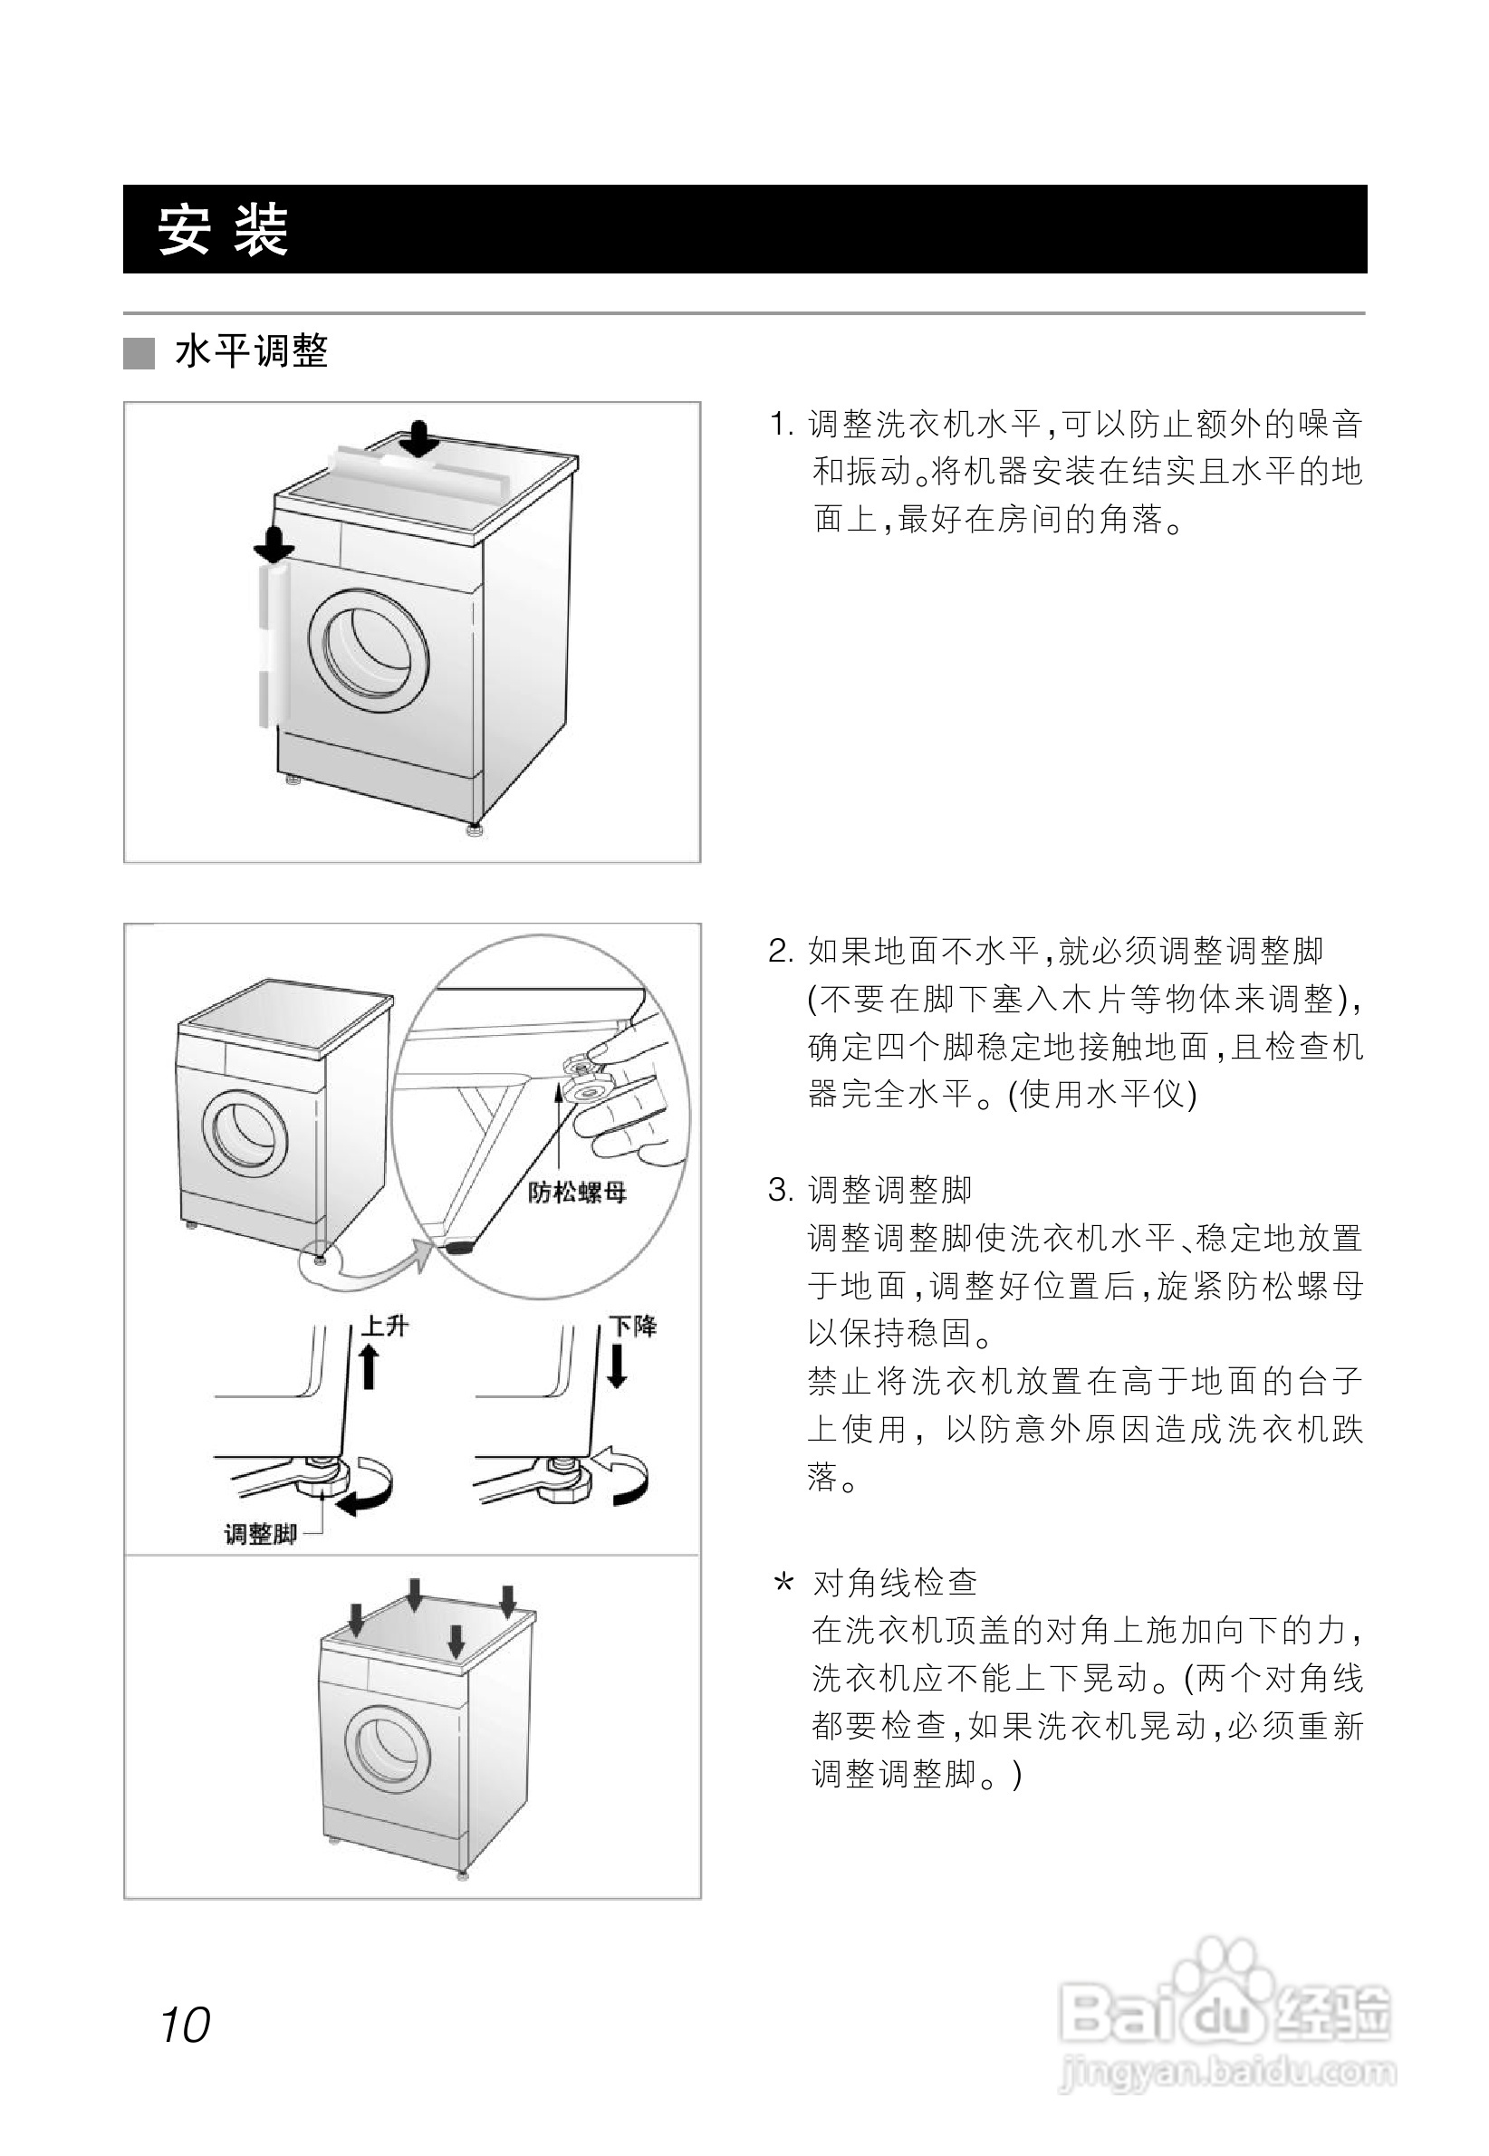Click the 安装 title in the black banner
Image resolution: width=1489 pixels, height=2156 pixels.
pyautogui.click(x=223, y=229)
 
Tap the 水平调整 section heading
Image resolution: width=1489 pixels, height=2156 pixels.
pyautogui.click(x=252, y=352)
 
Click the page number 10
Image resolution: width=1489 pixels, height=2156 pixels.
pyautogui.click(x=186, y=2025)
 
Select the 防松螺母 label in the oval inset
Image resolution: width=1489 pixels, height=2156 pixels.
pyautogui.click(x=577, y=1192)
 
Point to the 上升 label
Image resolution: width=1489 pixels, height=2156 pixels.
pyautogui.click(x=384, y=1325)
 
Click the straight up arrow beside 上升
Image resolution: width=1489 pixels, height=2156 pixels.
pyautogui.click(x=370, y=1366)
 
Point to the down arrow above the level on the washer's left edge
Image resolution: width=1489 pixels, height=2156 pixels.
pyautogui.click(x=274, y=544)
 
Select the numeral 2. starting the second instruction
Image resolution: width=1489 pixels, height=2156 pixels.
pyautogui.click(x=780, y=952)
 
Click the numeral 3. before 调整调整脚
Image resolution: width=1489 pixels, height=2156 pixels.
pyautogui.click(x=780, y=1191)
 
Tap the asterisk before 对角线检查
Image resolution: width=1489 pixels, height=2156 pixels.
pyautogui.click(x=783, y=1583)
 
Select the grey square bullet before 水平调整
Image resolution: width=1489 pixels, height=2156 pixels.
pyautogui.click(x=139, y=353)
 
